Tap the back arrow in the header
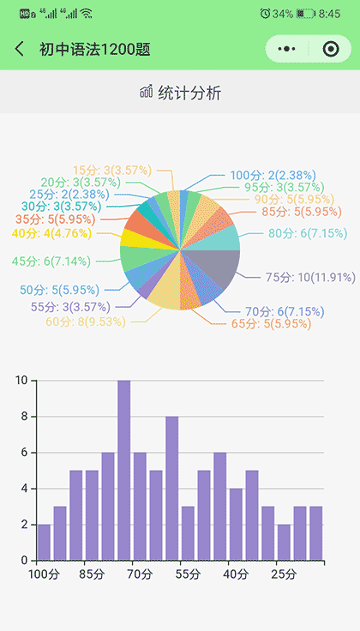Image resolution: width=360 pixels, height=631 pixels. [x=20, y=50]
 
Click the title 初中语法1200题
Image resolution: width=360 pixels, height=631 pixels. [x=94, y=50]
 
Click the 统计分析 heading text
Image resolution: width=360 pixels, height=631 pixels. [x=189, y=93]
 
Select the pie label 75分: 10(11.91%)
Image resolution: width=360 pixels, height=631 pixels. [x=309, y=277]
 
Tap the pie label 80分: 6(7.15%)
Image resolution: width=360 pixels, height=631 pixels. [x=307, y=233]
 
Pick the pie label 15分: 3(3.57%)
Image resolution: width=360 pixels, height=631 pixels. [x=111, y=170]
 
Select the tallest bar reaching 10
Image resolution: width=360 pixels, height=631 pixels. [x=124, y=470]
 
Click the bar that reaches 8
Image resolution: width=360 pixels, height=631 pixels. [x=172, y=488]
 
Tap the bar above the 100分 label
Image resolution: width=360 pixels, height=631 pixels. [x=44, y=542]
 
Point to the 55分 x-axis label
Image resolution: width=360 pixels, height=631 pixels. [x=188, y=573]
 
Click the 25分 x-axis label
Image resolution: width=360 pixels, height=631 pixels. [x=283, y=573]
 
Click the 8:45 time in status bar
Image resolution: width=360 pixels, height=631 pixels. [x=329, y=14]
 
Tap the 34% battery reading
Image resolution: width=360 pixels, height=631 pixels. [x=284, y=14]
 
